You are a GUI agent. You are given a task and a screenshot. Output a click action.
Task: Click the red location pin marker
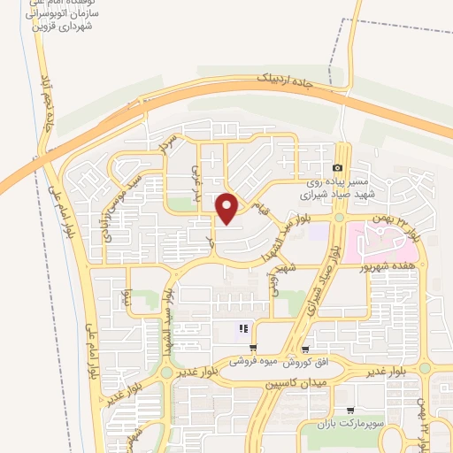[227, 207]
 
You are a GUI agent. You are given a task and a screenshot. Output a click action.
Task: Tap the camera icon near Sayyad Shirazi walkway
[337, 168]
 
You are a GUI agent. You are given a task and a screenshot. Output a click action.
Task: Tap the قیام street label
[259, 210]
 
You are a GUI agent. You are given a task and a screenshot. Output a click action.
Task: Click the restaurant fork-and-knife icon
[242, 330]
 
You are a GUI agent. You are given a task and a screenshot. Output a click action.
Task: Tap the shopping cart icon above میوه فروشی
[254, 348]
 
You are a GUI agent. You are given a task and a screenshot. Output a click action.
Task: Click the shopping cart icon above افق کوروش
[305, 348]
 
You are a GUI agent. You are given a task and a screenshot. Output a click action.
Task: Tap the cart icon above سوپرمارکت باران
[351, 411]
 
